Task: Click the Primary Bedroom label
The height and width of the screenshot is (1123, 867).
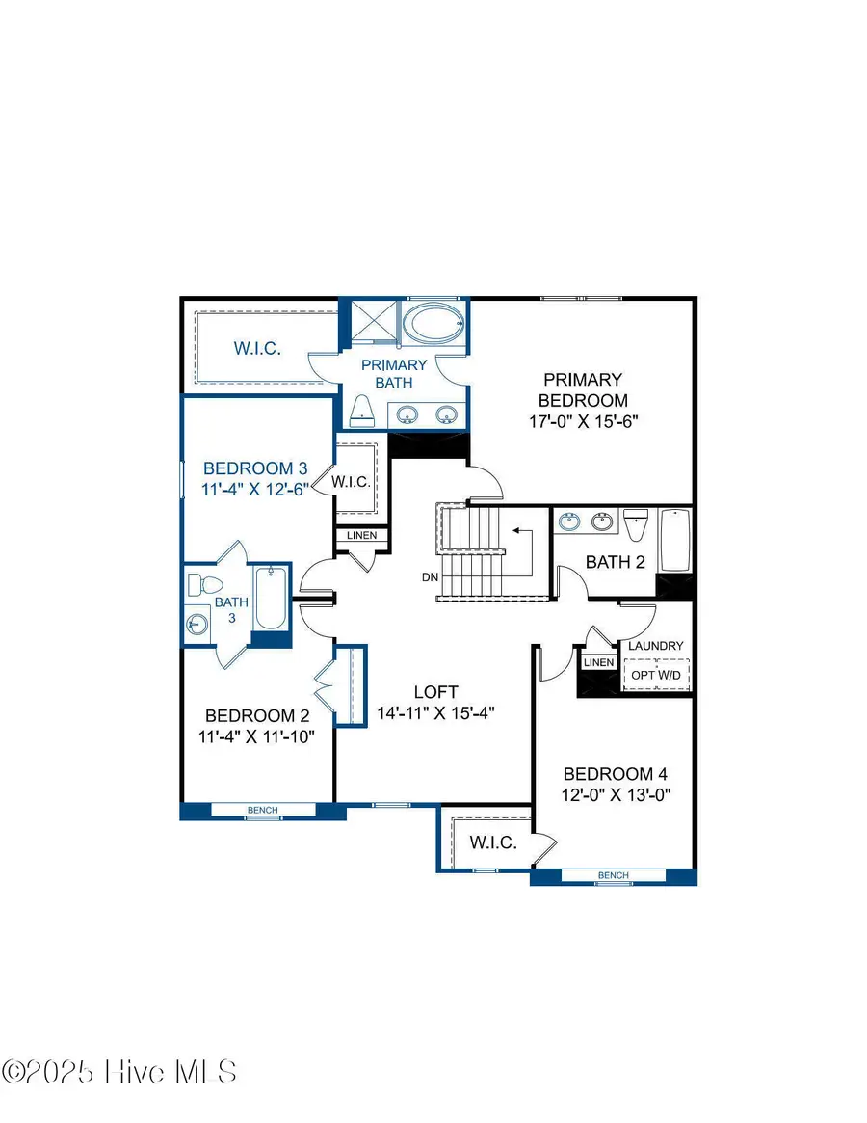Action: [582, 389]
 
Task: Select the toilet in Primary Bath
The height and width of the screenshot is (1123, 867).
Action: [361, 411]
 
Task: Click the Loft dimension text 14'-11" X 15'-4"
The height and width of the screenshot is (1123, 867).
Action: [435, 713]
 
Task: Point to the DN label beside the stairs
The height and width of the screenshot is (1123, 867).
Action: [430, 578]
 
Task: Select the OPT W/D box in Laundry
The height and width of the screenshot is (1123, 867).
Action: [655, 675]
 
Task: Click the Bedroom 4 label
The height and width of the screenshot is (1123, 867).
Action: [616, 773]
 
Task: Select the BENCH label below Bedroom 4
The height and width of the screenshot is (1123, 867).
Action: [613, 875]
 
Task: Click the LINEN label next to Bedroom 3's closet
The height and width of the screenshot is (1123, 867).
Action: [362, 536]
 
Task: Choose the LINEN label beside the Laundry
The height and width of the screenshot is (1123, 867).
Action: [598, 662]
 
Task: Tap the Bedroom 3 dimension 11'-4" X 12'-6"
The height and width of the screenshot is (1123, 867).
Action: [255, 489]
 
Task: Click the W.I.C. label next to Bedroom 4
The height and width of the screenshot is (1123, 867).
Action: [493, 842]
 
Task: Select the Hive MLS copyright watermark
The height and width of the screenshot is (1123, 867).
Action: [119, 1071]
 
